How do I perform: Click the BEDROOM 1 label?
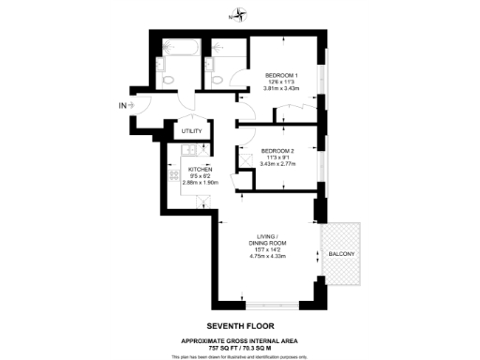click(281, 75)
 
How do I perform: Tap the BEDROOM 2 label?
click(279, 151)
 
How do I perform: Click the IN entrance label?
click(122, 104)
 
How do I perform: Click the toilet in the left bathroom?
click(170, 82)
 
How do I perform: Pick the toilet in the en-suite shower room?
click(217, 82)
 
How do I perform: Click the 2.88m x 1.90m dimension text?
click(200, 183)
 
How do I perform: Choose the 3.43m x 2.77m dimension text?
click(279, 164)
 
